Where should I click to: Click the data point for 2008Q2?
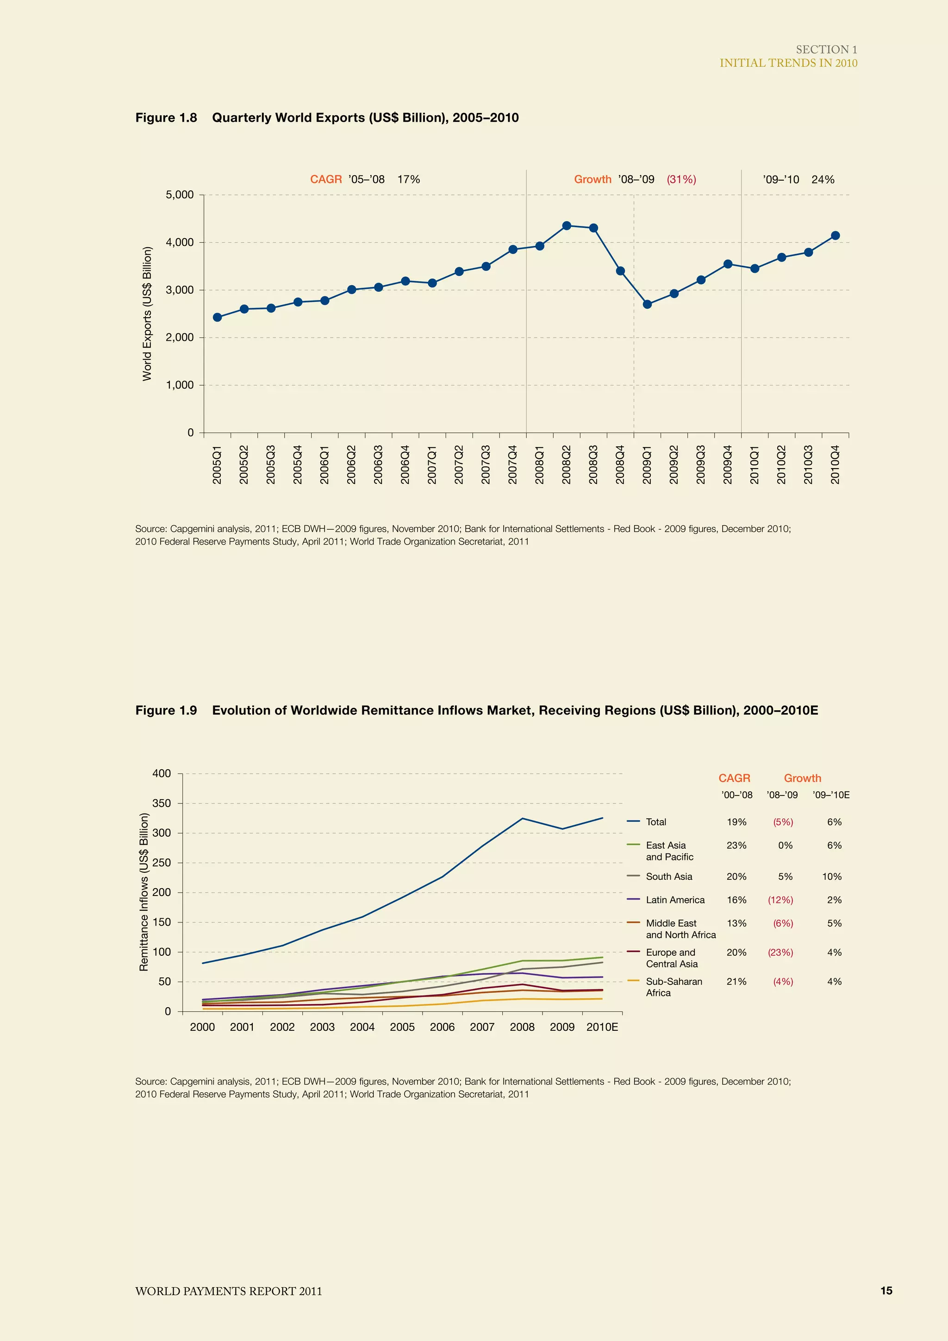click(x=566, y=226)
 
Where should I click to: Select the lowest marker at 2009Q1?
click(x=647, y=304)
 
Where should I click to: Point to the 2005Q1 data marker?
click(x=217, y=317)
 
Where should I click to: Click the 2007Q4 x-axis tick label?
click(x=512, y=464)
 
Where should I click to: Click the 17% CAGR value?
click(x=409, y=179)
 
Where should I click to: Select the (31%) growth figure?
click(x=681, y=179)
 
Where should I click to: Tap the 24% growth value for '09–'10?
click(x=823, y=179)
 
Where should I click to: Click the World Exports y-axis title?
click(x=147, y=313)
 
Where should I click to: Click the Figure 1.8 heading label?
click(x=166, y=118)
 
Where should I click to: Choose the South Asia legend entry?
click(x=668, y=876)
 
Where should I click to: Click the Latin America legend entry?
click(x=675, y=899)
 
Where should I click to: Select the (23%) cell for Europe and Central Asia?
click(x=780, y=952)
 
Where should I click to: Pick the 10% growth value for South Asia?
click(x=832, y=876)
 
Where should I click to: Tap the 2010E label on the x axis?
click(x=602, y=1027)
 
